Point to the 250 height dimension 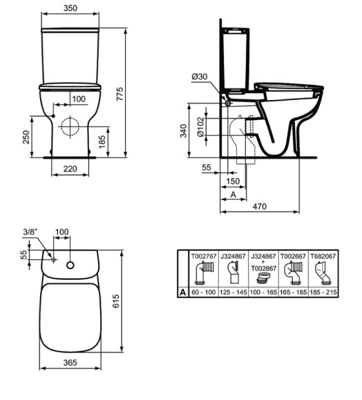[26, 139]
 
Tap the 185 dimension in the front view [102, 142]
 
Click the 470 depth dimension [259, 207]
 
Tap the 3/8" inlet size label [30, 232]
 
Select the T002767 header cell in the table [205, 255]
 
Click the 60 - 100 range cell [205, 292]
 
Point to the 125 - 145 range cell [234, 292]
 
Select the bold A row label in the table [183, 292]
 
